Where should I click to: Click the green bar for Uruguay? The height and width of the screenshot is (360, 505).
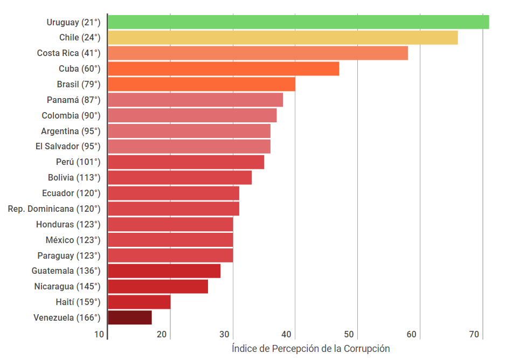pyautogui.click(x=298, y=22)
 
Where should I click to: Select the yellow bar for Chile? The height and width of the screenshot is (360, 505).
pyautogui.click(x=282, y=38)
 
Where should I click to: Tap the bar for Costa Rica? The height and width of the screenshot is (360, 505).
pyautogui.click(x=258, y=53)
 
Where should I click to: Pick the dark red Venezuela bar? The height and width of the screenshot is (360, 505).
pyautogui.click(x=129, y=317)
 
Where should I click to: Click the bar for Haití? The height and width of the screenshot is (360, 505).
pyautogui.click(x=139, y=302)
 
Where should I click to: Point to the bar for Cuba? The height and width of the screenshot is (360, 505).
pyautogui.click(x=223, y=69)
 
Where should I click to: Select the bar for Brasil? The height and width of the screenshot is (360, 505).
pyautogui.click(x=201, y=85)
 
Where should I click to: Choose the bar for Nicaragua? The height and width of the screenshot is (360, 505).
pyautogui.click(x=157, y=287)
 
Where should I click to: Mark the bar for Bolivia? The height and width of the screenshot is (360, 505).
pyautogui.click(x=179, y=177)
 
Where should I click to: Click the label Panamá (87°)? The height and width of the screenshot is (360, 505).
pyautogui.click(x=73, y=100)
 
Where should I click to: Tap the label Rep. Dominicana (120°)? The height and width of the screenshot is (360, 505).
pyautogui.click(x=54, y=209)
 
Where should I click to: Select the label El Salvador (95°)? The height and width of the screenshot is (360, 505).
pyautogui.click(x=68, y=146)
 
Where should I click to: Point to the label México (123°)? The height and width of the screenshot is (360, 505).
pyautogui.click(x=73, y=240)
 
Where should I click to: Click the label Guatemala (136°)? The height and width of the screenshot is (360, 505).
pyautogui.click(x=66, y=271)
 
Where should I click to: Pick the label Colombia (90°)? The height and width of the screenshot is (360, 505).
pyautogui.click(x=71, y=115)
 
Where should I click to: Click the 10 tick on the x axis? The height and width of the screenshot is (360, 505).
pyautogui.click(x=99, y=335)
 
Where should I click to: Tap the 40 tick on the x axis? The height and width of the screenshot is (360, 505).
pyautogui.click(x=287, y=335)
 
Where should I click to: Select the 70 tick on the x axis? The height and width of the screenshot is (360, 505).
pyautogui.click(x=474, y=335)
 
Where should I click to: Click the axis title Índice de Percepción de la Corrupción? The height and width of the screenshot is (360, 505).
pyautogui.click(x=310, y=348)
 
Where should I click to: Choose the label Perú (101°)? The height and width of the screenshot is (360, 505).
pyautogui.click(x=78, y=162)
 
